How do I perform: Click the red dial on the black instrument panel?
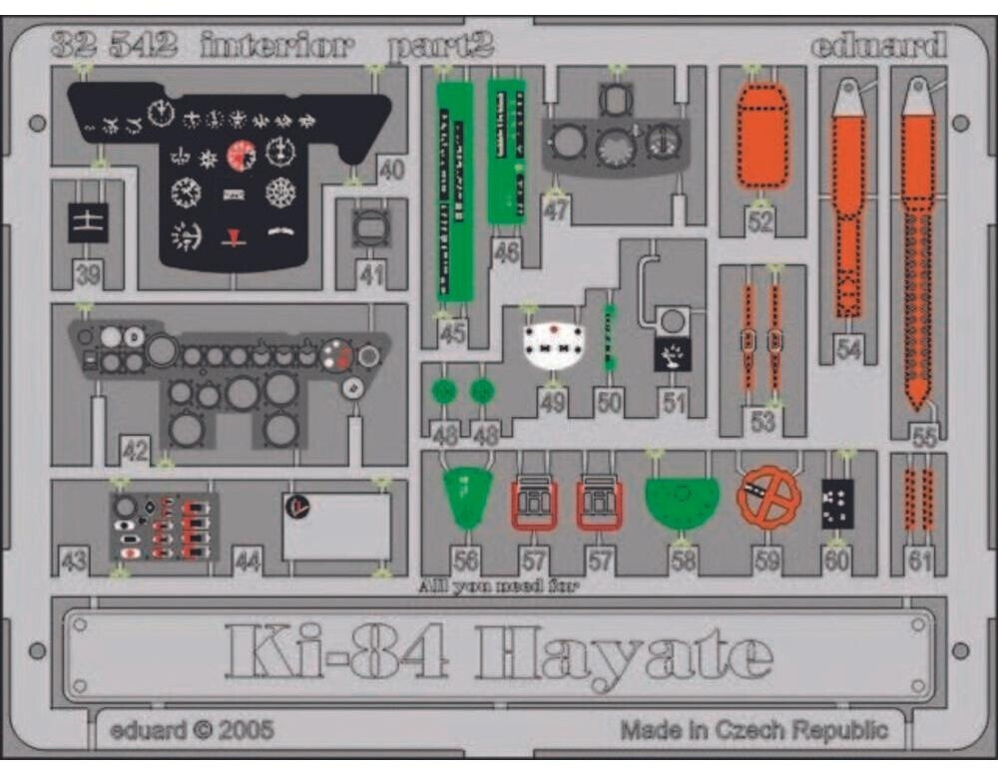(x=241, y=156)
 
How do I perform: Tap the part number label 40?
(x=392, y=171)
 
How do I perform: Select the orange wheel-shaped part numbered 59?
(x=768, y=498)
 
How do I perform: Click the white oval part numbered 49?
(x=554, y=346)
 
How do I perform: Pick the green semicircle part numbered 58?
(x=683, y=502)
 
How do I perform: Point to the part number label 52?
(x=761, y=221)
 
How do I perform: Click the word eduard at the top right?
(x=877, y=46)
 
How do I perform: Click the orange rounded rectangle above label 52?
(x=763, y=135)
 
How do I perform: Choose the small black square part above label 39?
(x=88, y=222)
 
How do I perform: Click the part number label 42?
(x=135, y=450)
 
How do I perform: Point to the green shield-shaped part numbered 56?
(x=467, y=497)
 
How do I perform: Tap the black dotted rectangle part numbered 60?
(x=836, y=504)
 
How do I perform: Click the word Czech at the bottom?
(x=755, y=730)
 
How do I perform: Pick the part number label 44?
(x=248, y=563)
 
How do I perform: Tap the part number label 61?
(x=919, y=562)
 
